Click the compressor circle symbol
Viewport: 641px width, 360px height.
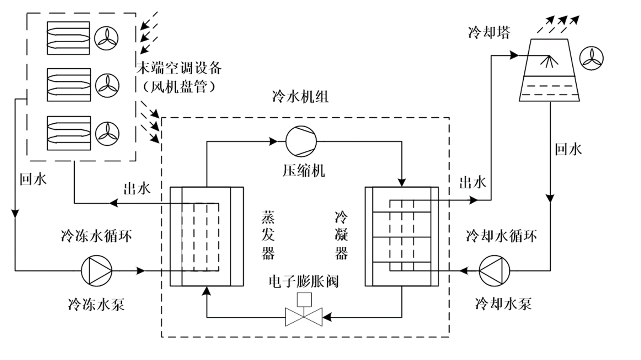tap(301, 141)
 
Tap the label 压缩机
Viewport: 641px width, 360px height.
tap(304, 171)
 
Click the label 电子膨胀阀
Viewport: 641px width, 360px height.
tap(304, 281)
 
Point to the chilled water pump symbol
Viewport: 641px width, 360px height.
tap(97, 271)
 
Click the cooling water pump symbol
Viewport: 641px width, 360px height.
tap(494, 271)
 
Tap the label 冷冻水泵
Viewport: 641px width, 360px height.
tap(97, 305)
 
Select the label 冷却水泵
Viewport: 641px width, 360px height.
tap(503, 304)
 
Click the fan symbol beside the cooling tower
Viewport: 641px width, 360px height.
tap(592, 58)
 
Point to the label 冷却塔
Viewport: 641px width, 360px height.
tap(489, 32)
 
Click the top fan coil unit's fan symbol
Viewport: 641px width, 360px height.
tap(106, 38)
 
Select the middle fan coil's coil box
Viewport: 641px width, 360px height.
tap(69, 85)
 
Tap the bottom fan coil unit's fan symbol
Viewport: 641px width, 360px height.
tap(107, 133)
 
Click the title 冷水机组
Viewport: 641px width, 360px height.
tap(300, 97)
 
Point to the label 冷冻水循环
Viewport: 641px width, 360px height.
tap(96, 236)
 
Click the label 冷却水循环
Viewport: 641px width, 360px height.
tap(501, 236)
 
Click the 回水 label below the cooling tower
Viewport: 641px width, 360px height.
tap(568, 149)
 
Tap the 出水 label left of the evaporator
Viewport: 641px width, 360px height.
tap(137, 189)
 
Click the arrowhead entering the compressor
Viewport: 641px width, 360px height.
tap(273, 141)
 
